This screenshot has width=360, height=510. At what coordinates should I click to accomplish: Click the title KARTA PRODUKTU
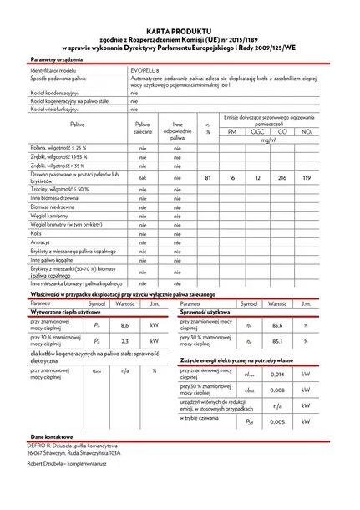179,28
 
